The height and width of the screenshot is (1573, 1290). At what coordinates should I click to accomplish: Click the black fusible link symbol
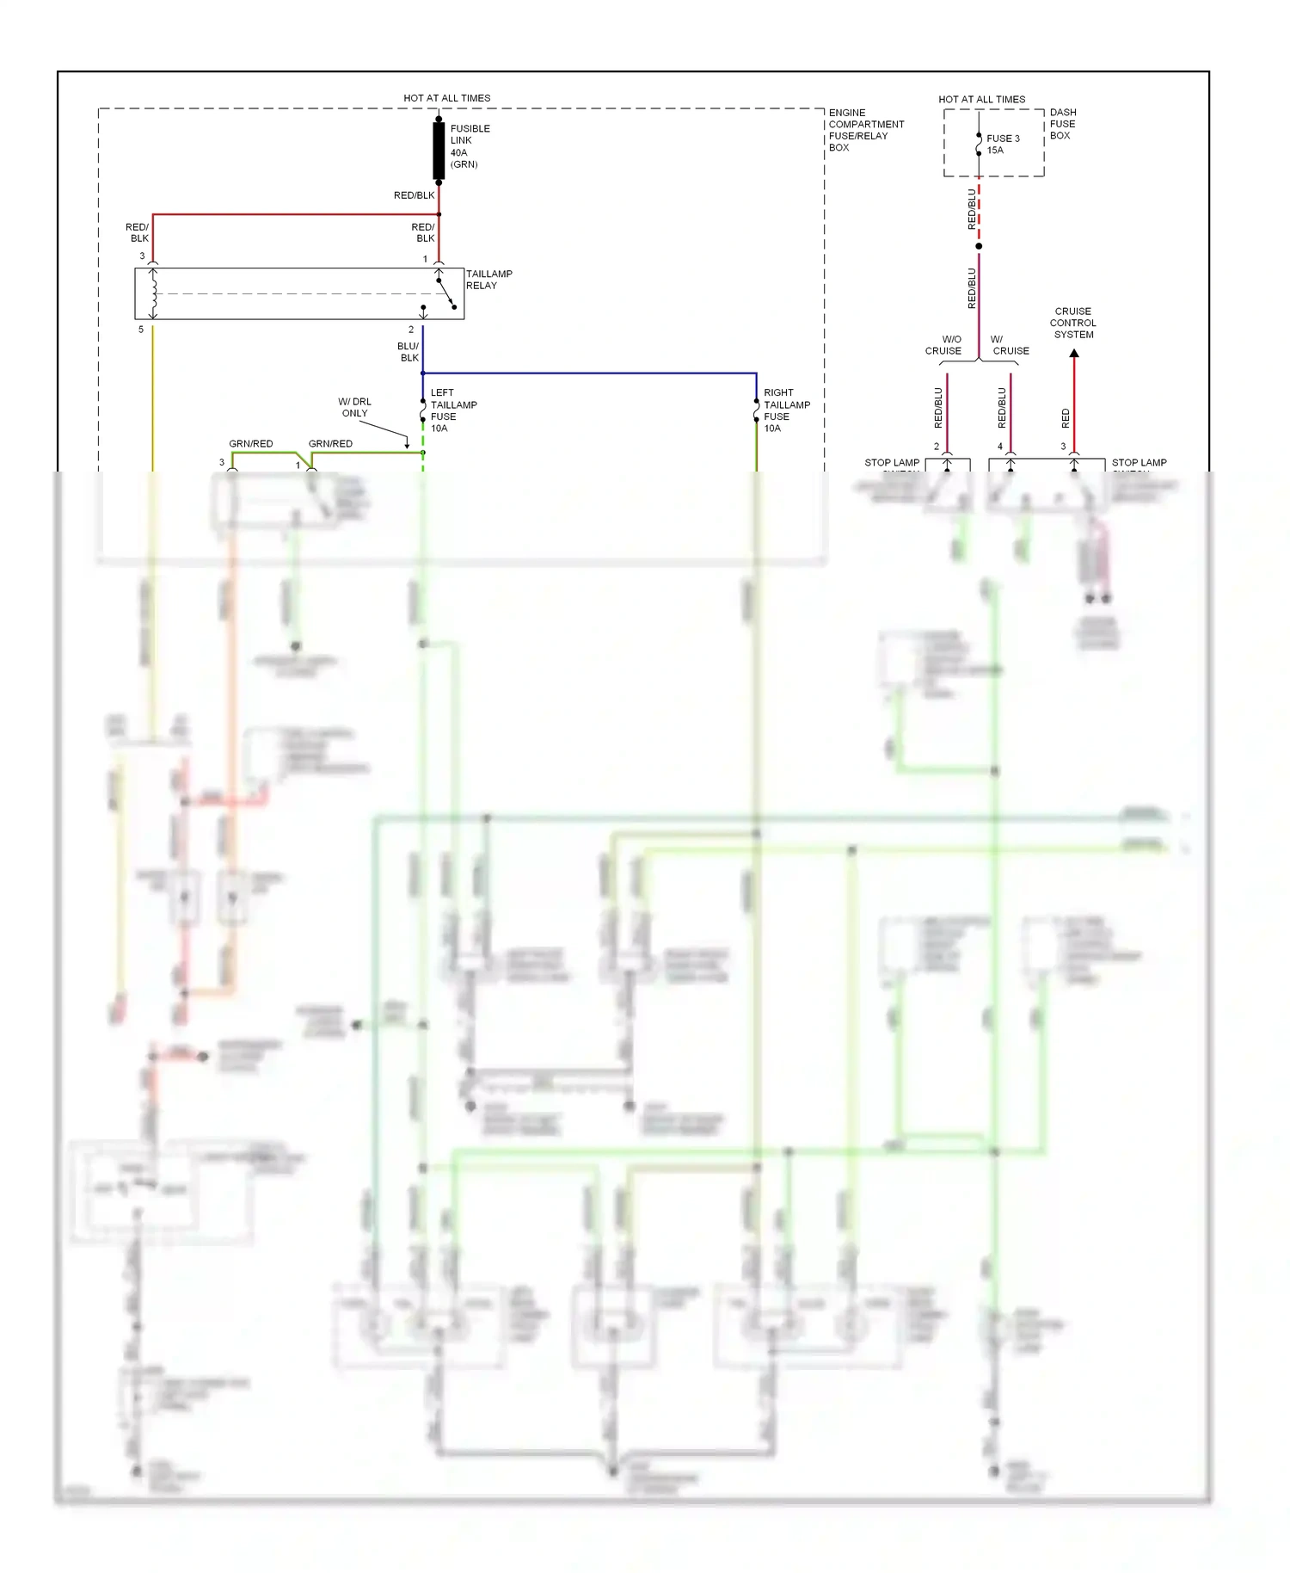[x=439, y=151]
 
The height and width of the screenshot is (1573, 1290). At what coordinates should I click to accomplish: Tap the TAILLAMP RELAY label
[x=488, y=280]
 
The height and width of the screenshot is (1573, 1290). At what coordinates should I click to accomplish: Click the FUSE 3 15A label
[x=1002, y=145]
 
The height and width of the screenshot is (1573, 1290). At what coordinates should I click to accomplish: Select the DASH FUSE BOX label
[x=1062, y=124]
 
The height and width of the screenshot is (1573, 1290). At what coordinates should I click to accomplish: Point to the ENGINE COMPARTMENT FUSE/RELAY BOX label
[x=865, y=130]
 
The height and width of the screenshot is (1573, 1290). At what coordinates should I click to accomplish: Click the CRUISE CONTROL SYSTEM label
[x=1073, y=323]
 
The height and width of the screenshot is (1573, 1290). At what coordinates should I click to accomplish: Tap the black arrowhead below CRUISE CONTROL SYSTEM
[x=1074, y=354]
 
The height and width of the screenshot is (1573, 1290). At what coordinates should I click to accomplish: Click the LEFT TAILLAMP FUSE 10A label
[x=452, y=410]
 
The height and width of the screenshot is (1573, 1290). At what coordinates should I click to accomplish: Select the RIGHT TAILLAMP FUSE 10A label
[x=786, y=410]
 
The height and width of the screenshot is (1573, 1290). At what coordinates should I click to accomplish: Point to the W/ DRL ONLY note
[x=354, y=407]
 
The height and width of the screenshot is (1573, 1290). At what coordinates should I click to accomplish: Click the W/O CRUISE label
[x=943, y=345]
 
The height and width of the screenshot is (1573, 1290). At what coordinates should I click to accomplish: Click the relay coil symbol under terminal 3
[x=153, y=293]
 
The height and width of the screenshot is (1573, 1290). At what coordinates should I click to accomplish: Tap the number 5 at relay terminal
[x=141, y=330]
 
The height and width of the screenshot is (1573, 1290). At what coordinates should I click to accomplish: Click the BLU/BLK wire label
[x=408, y=352]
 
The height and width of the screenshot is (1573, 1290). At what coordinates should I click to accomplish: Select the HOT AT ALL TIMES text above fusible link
[x=446, y=98]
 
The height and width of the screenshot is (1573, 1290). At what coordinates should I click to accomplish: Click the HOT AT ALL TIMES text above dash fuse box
[x=981, y=99]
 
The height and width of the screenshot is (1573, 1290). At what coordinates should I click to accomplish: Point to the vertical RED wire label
[x=1066, y=418]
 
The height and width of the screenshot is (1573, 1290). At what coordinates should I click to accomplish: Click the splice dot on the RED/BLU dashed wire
[x=979, y=246]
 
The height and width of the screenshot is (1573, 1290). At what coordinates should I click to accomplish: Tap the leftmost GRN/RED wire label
[x=250, y=444]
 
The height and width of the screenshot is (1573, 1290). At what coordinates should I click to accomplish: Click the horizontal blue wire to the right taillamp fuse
[x=593, y=373]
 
